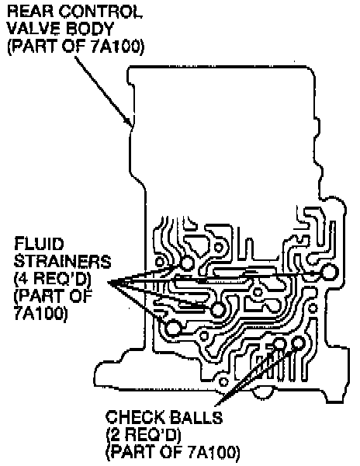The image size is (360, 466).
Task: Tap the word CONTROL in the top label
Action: click(x=100, y=12)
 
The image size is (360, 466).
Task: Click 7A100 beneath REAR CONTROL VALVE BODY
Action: click(x=119, y=47)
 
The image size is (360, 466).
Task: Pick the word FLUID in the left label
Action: click(x=39, y=244)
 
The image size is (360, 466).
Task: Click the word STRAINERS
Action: click(x=62, y=262)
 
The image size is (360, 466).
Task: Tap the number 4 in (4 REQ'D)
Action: click(x=23, y=279)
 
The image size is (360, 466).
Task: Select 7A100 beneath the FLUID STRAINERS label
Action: click(x=39, y=314)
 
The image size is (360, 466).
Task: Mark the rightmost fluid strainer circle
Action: click(x=329, y=273)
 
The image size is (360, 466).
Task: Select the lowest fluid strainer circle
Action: click(x=173, y=329)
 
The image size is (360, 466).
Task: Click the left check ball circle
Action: click(x=279, y=344)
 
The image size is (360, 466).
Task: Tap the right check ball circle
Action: click(x=298, y=343)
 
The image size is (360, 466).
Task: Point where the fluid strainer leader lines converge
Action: click(x=109, y=283)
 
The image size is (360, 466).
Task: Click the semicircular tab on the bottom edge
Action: click(x=263, y=392)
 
